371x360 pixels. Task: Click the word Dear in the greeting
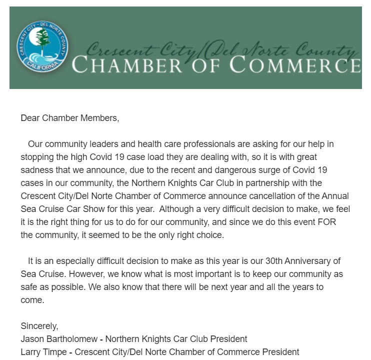click(30, 118)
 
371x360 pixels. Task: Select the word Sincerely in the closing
click(39, 326)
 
